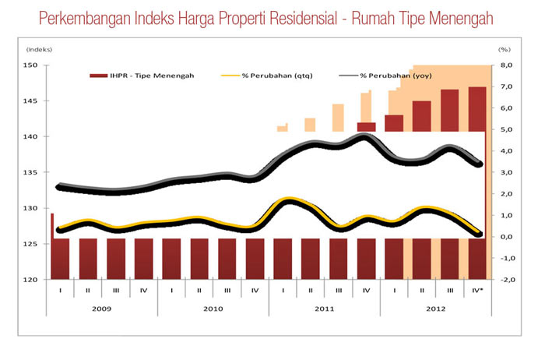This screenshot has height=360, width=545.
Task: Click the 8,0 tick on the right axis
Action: click(505, 65)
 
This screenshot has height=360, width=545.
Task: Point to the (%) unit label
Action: click(504, 51)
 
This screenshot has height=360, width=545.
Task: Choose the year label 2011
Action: click(325, 309)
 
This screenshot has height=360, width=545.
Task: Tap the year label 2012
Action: click(436, 309)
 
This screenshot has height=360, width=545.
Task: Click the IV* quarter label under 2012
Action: click(478, 291)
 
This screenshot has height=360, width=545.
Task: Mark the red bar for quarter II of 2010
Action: click(199, 258)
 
